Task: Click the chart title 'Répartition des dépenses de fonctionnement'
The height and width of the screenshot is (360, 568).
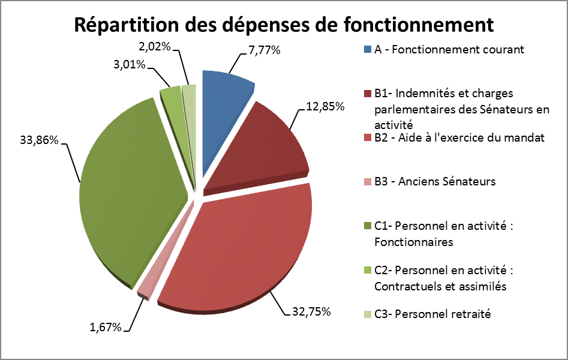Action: [283, 25]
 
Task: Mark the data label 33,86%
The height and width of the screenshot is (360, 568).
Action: [38, 141]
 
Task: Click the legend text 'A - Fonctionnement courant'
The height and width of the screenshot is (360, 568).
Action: [449, 49]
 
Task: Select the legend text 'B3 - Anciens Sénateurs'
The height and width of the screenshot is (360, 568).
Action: [434, 181]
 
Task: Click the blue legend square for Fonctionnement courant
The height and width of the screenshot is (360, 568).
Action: [368, 50]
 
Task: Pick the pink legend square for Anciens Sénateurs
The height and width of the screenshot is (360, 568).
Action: [368, 181]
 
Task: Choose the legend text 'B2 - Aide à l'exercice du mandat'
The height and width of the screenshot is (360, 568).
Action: [459, 138]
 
